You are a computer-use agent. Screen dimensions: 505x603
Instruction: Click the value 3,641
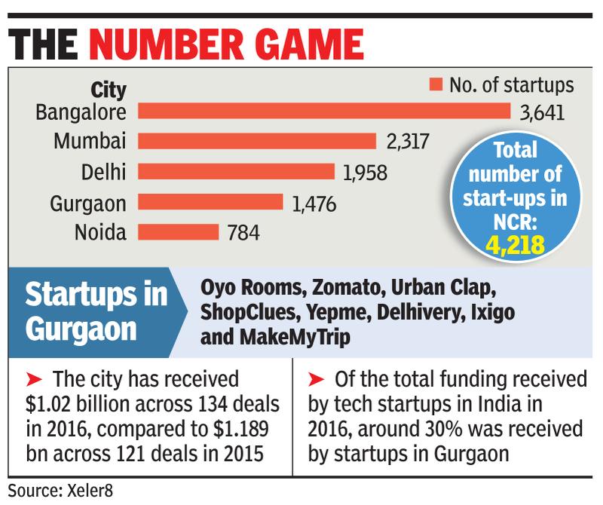pyautogui.click(x=543, y=115)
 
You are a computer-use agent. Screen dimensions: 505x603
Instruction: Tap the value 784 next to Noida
pyautogui.click(x=244, y=233)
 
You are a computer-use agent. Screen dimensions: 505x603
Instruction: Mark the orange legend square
pyautogui.click(x=434, y=84)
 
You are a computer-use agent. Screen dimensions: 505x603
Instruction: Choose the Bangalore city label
pyautogui.click(x=82, y=112)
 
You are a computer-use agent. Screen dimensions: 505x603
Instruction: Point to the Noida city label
pyautogui.click(x=101, y=231)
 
